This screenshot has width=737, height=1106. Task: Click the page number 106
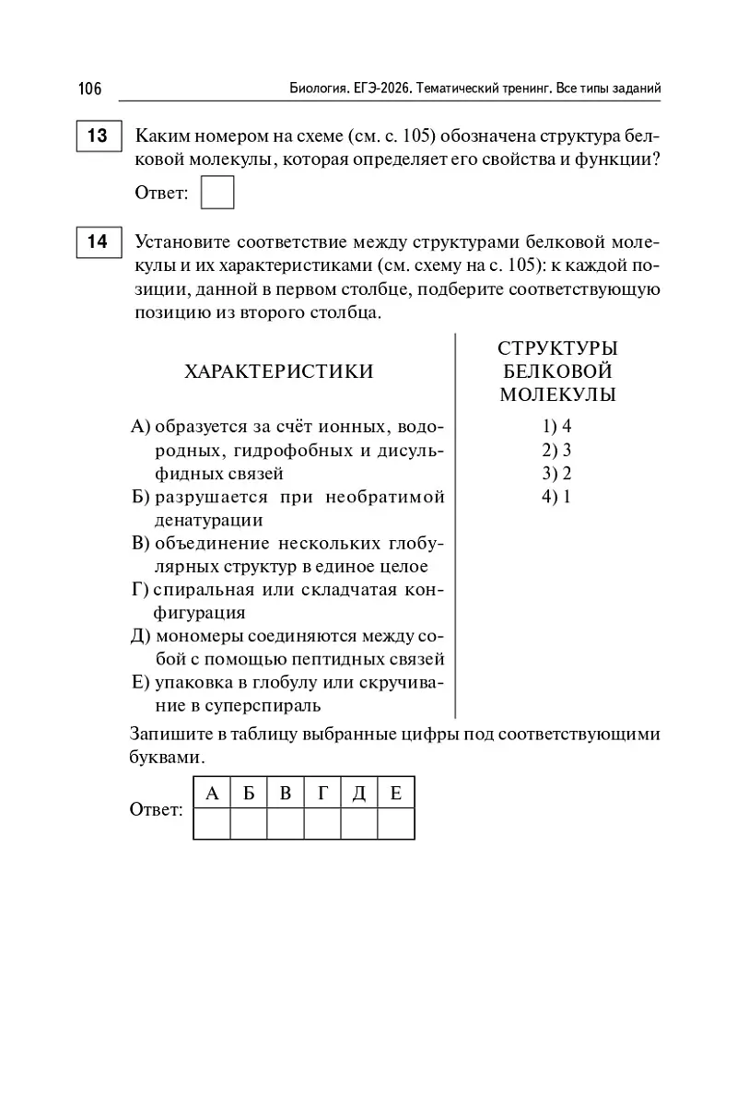pyautogui.click(x=89, y=88)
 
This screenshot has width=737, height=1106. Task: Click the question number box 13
pyautogui.click(x=97, y=136)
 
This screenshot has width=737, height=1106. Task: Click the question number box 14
pyautogui.click(x=97, y=242)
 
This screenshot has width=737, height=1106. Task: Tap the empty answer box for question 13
pyautogui.click(x=217, y=193)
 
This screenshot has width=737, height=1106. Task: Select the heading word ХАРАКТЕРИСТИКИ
pyautogui.click(x=279, y=371)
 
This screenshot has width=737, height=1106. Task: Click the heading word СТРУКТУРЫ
pyautogui.click(x=557, y=348)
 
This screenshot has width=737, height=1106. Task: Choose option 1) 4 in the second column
pyautogui.click(x=557, y=427)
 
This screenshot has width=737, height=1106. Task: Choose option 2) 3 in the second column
pyautogui.click(x=557, y=451)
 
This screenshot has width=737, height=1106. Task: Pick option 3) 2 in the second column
pyautogui.click(x=557, y=474)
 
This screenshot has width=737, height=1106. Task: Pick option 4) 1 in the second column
pyautogui.click(x=557, y=498)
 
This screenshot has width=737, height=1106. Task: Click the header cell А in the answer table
pyautogui.click(x=212, y=793)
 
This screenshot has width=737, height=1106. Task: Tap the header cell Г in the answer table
pyautogui.click(x=322, y=793)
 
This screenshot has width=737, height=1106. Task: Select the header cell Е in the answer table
pyautogui.click(x=396, y=793)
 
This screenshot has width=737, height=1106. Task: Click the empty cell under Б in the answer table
pyautogui.click(x=249, y=823)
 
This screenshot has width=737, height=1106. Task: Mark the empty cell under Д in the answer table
pyautogui.click(x=359, y=823)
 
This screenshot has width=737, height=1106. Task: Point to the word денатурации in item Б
pyautogui.click(x=209, y=521)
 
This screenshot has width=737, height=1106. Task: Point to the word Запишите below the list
pyautogui.click(x=170, y=735)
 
